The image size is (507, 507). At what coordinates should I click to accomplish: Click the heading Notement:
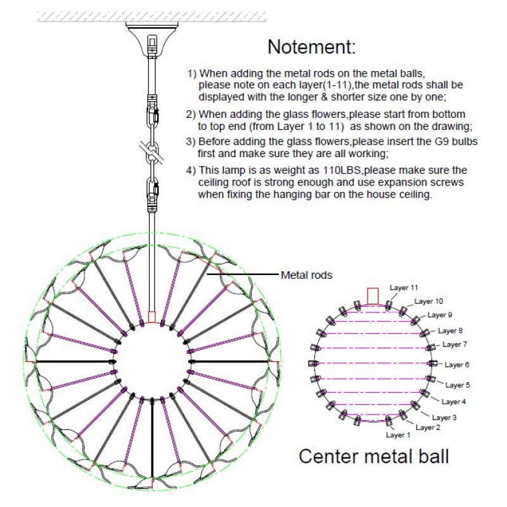[x=311, y=46]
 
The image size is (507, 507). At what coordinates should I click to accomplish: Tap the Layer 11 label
[x=404, y=288]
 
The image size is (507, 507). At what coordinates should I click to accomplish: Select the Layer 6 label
[x=457, y=364]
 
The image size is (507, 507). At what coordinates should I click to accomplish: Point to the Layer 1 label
[x=398, y=435]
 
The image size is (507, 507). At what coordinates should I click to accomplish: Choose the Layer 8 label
[x=450, y=330]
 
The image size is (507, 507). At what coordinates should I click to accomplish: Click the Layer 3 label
[x=445, y=418]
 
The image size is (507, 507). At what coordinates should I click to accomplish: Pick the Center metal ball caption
[x=373, y=456]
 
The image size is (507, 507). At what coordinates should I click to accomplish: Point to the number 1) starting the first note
[x=191, y=74]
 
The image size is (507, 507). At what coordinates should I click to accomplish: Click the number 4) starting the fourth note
[x=191, y=170]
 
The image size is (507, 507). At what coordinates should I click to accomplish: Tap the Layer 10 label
[x=428, y=301]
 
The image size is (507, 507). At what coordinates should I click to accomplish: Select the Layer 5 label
[x=458, y=385]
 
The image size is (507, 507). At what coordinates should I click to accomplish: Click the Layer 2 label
[x=428, y=427]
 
